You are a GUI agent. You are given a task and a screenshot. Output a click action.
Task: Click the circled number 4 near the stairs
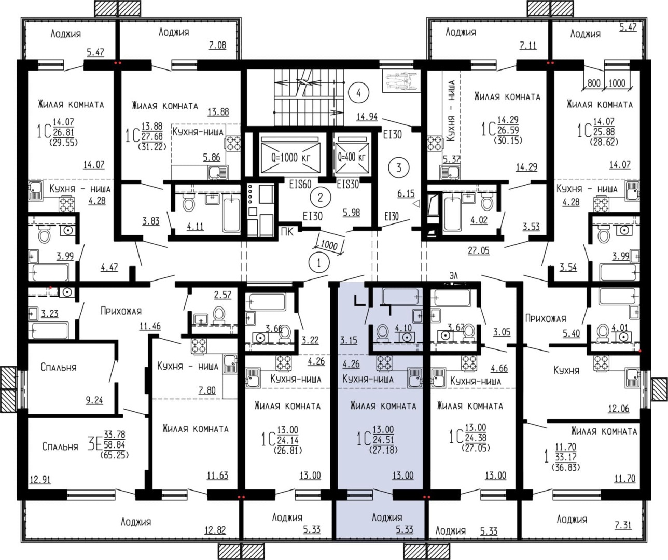(x=358, y=93)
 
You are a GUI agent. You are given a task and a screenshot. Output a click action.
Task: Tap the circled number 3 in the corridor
(x=399, y=167)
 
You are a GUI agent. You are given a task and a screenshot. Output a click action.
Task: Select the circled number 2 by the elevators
(x=320, y=198)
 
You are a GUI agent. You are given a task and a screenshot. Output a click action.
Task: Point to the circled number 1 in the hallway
(x=318, y=263)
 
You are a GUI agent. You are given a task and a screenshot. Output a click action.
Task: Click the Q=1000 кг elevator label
(x=291, y=158)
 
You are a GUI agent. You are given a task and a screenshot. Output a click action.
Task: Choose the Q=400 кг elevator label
(x=352, y=157)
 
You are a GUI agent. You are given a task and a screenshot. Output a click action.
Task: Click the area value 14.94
(x=367, y=117)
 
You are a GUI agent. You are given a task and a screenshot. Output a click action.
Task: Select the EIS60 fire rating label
(x=300, y=184)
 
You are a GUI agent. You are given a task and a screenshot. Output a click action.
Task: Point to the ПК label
(x=287, y=232)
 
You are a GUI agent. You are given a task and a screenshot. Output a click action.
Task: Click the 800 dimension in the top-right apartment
(x=594, y=83)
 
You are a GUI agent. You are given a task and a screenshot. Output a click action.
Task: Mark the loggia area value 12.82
(x=215, y=530)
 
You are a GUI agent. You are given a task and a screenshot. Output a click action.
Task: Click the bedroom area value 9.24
(x=94, y=400)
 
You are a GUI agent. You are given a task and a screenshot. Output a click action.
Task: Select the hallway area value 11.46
(x=150, y=326)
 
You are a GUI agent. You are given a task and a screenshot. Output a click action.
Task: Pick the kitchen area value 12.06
(x=618, y=409)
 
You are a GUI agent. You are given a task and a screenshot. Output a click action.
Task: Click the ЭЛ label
(x=453, y=275)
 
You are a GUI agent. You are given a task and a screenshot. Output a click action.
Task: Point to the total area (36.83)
(x=566, y=467)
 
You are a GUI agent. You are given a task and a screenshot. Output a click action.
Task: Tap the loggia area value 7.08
(x=217, y=45)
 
